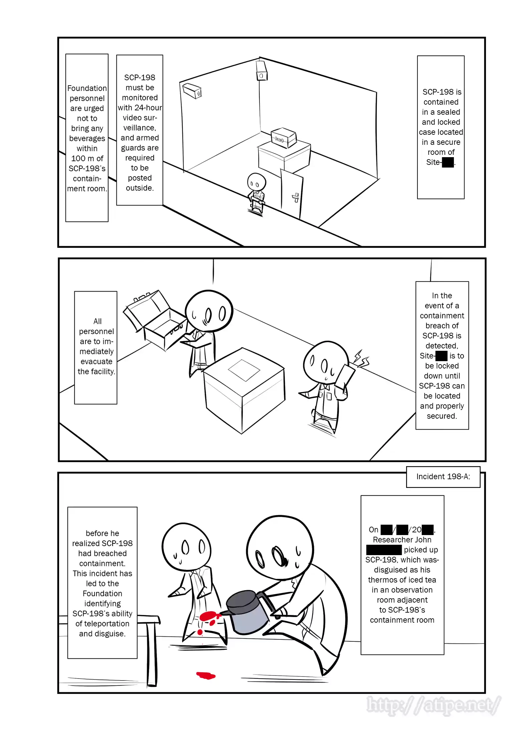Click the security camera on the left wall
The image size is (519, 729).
click(192, 90)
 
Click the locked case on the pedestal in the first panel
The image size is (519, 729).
click(284, 137)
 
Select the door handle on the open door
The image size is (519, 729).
click(296, 198)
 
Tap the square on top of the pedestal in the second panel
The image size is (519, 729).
click(244, 370)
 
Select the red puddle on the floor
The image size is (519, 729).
click(206, 675)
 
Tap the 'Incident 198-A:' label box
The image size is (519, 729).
click(443, 477)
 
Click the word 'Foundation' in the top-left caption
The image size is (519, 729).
click(87, 88)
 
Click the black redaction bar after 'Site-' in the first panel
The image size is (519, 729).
click(448, 163)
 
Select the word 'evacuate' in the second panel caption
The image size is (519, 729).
click(96, 361)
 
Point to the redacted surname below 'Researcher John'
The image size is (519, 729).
click(384, 550)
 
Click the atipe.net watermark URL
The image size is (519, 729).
click(433, 705)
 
